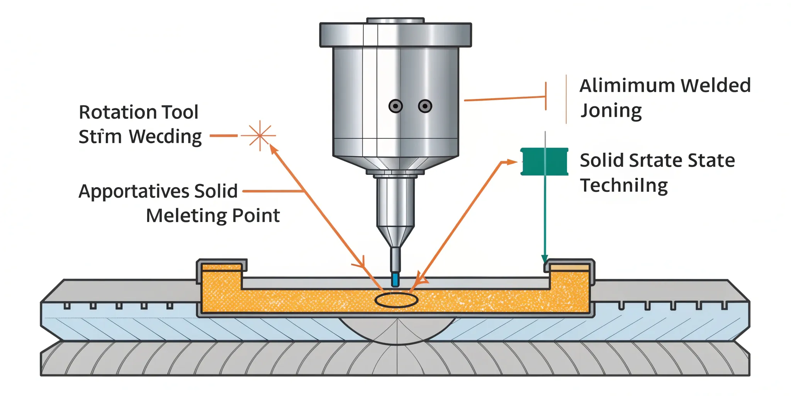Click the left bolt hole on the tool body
tap(395, 106)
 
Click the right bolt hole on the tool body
tap(425, 106)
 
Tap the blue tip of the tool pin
tap(395, 279)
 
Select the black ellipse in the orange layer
tap(396, 300)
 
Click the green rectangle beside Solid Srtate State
tap(544, 162)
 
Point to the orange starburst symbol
tap(260, 135)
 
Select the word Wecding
tap(165, 137)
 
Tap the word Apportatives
tap(133, 191)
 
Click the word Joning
tap(611, 111)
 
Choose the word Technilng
tap(624, 186)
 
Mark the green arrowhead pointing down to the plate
tap(545, 259)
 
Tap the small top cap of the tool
tap(395, 20)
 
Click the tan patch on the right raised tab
tap(569, 268)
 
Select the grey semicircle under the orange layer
tap(397, 331)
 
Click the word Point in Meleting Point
tap(256, 216)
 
